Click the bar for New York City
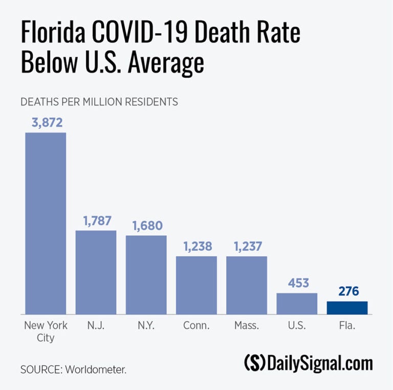tap(46, 223)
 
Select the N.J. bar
tap(96, 272)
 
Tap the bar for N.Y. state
tap(146, 275)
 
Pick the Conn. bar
tap(196, 285)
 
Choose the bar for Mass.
tap(247, 285)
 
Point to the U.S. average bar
tap(297, 304)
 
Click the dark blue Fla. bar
tap(347, 308)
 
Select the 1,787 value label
tap(96, 221)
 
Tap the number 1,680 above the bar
tap(146, 226)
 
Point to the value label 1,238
tap(196, 246)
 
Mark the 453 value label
tap(297, 283)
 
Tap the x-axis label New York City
tap(46, 331)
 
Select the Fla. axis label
tap(347, 326)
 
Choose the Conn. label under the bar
tap(196, 326)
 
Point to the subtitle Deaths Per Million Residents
tap(99, 102)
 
